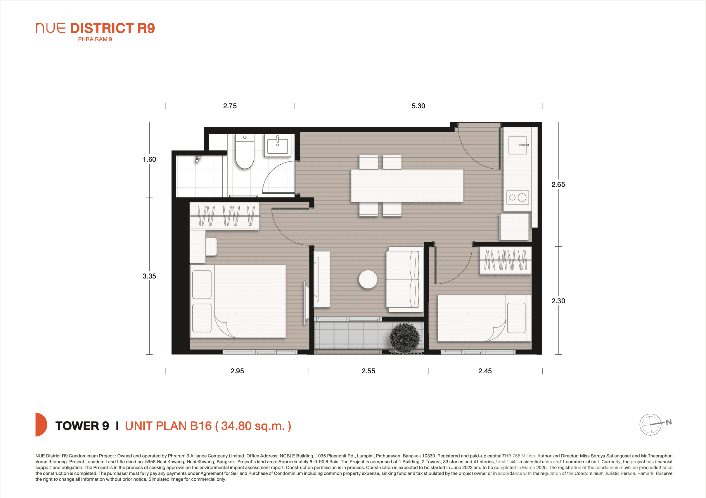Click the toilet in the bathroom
pos(245,154)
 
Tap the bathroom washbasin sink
pos(277,146)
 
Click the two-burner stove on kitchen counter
pos(518,198)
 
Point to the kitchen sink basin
pos(517,145)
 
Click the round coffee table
pos(368,279)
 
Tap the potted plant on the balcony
pos(405,338)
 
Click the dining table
pos(407,186)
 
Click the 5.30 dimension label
pos(418,106)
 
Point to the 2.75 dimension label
pos(230,106)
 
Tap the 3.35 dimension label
pos(149,276)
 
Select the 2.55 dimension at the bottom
pos(368,371)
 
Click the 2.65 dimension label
pos(558,184)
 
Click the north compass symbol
pos(651,424)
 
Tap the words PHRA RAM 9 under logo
pos(95,39)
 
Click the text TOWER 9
pos(82,426)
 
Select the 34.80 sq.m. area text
pos(253,426)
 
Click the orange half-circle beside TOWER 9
pos(41,424)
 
